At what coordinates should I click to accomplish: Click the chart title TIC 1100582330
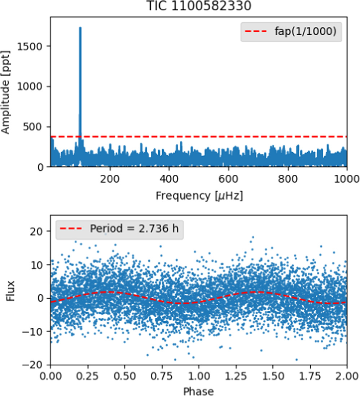pyautogui.click(x=199, y=6)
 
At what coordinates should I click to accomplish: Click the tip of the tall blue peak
pyautogui.click(x=80, y=27)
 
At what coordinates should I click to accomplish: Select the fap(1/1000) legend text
pyautogui.click(x=306, y=31)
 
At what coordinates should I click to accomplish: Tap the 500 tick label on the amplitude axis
pyautogui.click(x=32, y=127)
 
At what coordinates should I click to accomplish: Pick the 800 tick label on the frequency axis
pyautogui.click(x=288, y=179)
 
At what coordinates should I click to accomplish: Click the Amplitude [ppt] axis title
pyautogui.click(x=5, y=92)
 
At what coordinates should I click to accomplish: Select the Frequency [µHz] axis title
pyautogui.click(x=199, y=196)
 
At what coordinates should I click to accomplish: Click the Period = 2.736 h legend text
pyautogui.click(x=134, y=229)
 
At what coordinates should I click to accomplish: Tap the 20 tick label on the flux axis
pyautogui.click(x=36, y=231)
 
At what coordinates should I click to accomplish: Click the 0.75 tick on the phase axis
pyautogui.click(x=162, y=366)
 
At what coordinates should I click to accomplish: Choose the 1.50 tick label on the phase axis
pyautogui.click(x=273, y=376)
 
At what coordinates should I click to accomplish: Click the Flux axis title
pyautogui.click(x=10, y=291)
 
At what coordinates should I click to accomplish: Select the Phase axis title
pyautogui.click(x=198, y=391)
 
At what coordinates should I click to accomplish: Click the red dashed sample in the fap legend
pyautogui.click(x=256, y=31)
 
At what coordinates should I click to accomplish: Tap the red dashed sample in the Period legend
pyautogui.click(x=71, y=229)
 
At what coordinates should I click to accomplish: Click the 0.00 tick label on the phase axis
pyautogui.click(x=51, y=376)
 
